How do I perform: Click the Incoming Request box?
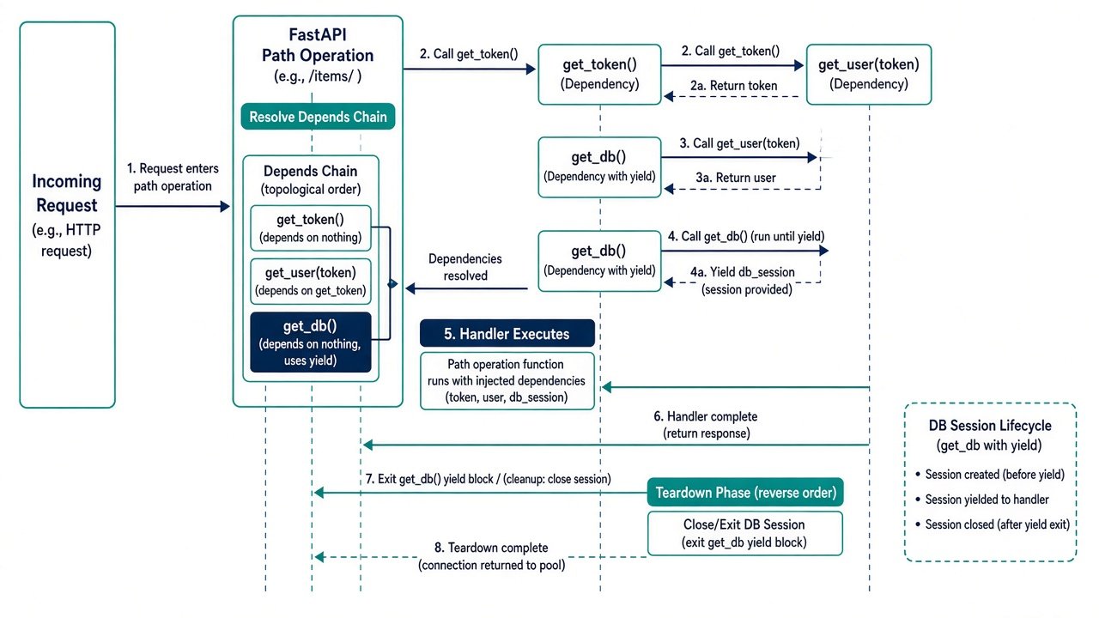point(67,215)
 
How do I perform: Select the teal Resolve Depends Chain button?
point(318,117)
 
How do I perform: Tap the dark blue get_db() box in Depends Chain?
point(311,342)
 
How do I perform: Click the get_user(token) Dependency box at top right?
point(869,75)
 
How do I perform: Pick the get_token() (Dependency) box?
point(599,75)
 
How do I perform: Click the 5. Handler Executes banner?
point(507,334)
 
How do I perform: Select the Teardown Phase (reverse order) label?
point(745,493)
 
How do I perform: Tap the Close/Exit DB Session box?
point(745,534)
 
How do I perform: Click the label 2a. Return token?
point(733,86)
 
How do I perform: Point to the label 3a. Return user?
point(736,178)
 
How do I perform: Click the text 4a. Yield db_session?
point(743,272)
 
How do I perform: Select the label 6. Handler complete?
point(706,416)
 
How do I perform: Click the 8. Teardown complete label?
point(491,548)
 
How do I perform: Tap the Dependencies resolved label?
point(465,267)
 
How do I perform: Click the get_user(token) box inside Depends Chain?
point(311,282)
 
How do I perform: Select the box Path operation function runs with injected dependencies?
point(507,380)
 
